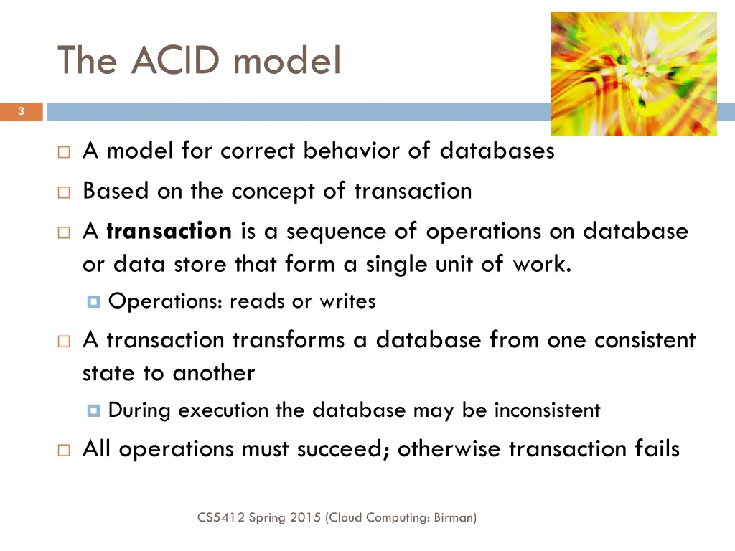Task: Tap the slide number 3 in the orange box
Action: point(22,111)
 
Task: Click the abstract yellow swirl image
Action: point(634,74)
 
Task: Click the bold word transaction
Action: point(169,231)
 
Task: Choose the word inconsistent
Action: point(547,410)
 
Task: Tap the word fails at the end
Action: point(657,449)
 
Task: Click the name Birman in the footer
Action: point(454,517)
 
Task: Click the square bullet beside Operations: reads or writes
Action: point(93,302)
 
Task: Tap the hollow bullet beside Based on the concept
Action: point(63,192)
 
